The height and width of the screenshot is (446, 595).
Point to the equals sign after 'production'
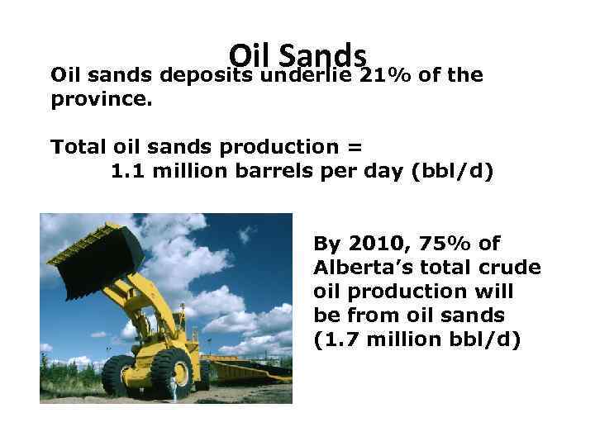coord(354,147)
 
